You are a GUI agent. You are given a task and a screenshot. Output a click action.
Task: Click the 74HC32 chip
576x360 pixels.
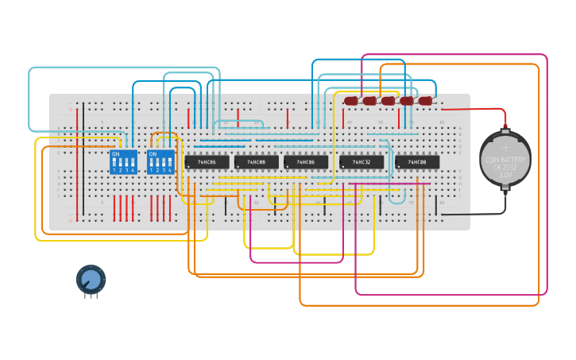361,162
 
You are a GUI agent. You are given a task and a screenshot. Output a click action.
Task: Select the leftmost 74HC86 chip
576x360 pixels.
207,162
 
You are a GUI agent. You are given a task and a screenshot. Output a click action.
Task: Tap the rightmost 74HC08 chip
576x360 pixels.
417,162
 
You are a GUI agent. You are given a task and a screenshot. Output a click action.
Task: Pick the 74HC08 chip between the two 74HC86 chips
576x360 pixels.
257,162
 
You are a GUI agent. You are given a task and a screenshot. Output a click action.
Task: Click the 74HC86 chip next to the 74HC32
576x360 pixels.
306,162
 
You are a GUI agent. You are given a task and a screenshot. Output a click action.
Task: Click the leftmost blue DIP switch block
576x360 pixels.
123,162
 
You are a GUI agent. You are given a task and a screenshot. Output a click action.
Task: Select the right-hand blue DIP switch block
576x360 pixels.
160,162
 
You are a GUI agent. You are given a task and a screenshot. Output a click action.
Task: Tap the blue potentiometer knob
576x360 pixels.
91,279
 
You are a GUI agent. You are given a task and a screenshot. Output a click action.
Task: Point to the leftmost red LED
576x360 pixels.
351,101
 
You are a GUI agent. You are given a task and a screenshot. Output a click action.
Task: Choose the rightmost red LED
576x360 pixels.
425,101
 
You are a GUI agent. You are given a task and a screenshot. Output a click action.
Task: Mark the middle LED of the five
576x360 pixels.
388,101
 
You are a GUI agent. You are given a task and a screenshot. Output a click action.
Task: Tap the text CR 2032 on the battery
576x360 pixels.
506,168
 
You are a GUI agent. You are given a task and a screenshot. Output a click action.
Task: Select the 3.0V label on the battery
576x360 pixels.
506,175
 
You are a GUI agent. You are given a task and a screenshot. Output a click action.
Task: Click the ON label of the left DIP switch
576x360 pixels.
116,153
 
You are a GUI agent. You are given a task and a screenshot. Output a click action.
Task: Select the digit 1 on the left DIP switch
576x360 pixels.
114,170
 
